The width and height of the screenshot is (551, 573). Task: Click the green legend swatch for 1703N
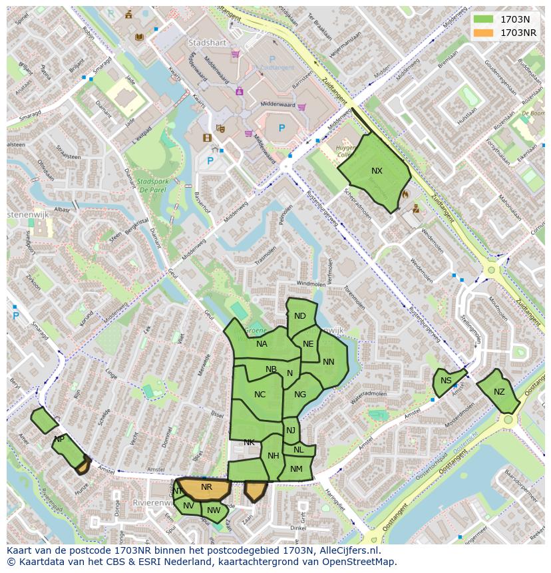(x=484, y=19)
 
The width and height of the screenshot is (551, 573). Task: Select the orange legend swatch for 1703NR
(x=484, y=33)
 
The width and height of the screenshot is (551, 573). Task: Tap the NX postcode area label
(x=377, y=171)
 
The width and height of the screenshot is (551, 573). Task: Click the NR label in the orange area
(x=206, y=487)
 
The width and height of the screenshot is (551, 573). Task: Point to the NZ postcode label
(x=499, y=392)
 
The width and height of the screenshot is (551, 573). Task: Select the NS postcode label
(x=446, y=381)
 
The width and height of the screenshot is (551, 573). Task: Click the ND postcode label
(x=300, y=316)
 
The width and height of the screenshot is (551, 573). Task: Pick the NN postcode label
(x=329, y=362)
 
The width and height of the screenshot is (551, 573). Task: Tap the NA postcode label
(x=262, y=344)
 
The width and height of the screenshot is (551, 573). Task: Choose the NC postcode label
(x=260, y=395)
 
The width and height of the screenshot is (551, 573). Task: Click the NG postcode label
(x=300, y=395)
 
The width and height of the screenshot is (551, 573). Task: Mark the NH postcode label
(x=274, y=456)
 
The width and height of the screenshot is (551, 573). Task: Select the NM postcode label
(x=297, y=469)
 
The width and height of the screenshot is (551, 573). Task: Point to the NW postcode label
(x=214, y=510)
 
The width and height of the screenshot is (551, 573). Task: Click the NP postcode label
(x=59, y=439)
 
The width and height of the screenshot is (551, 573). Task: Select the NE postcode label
(x=308, y=344)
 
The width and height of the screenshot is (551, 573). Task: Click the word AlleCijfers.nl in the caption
(x=343, y=550)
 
